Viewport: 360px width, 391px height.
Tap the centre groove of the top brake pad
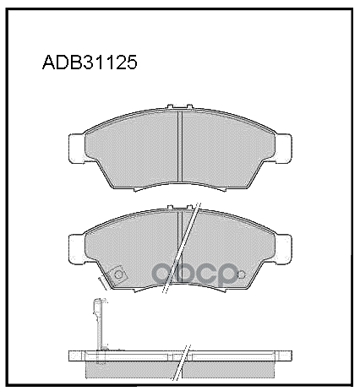point(182,149)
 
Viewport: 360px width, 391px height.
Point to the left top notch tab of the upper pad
point(170,107)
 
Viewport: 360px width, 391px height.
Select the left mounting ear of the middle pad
point(77,247)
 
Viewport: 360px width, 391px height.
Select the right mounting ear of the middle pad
point(287,247)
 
